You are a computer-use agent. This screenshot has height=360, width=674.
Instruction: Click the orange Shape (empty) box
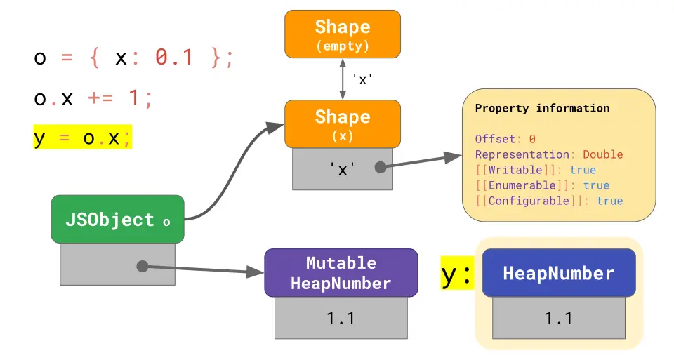point(342,34)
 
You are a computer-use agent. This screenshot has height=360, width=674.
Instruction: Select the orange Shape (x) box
point(342,124)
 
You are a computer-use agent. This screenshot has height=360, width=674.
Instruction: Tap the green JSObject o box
point(117,220)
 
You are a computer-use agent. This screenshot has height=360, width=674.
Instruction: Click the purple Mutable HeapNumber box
point(341,273)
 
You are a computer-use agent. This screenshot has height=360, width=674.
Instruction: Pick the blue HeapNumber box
point(558,273)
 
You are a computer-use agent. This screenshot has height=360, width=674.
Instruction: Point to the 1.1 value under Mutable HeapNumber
point(341,318)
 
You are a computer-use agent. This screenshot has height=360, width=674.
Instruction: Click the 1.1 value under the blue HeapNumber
point(558,318)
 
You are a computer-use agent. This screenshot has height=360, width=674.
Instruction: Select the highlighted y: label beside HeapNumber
point(456,274)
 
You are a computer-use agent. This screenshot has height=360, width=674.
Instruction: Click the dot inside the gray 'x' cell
point(381,168)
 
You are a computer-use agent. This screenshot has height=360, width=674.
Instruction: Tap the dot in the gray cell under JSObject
point(142,266)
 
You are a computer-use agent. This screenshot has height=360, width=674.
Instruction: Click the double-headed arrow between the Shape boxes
point(343,79)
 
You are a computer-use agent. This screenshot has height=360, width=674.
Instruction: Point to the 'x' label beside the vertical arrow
point(362,80)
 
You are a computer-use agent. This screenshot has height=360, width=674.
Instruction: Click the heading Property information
point(542,108)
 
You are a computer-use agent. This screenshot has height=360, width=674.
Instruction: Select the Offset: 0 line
point(505,139)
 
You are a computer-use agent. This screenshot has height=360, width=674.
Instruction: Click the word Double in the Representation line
point(602,154)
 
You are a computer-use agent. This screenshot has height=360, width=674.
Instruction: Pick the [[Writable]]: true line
point(535,170)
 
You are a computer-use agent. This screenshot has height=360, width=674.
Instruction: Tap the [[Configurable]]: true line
point(548,201)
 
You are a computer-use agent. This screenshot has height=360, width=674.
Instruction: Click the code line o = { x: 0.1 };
point(133,58)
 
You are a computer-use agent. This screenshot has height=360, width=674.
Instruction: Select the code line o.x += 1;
point(93,98)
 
